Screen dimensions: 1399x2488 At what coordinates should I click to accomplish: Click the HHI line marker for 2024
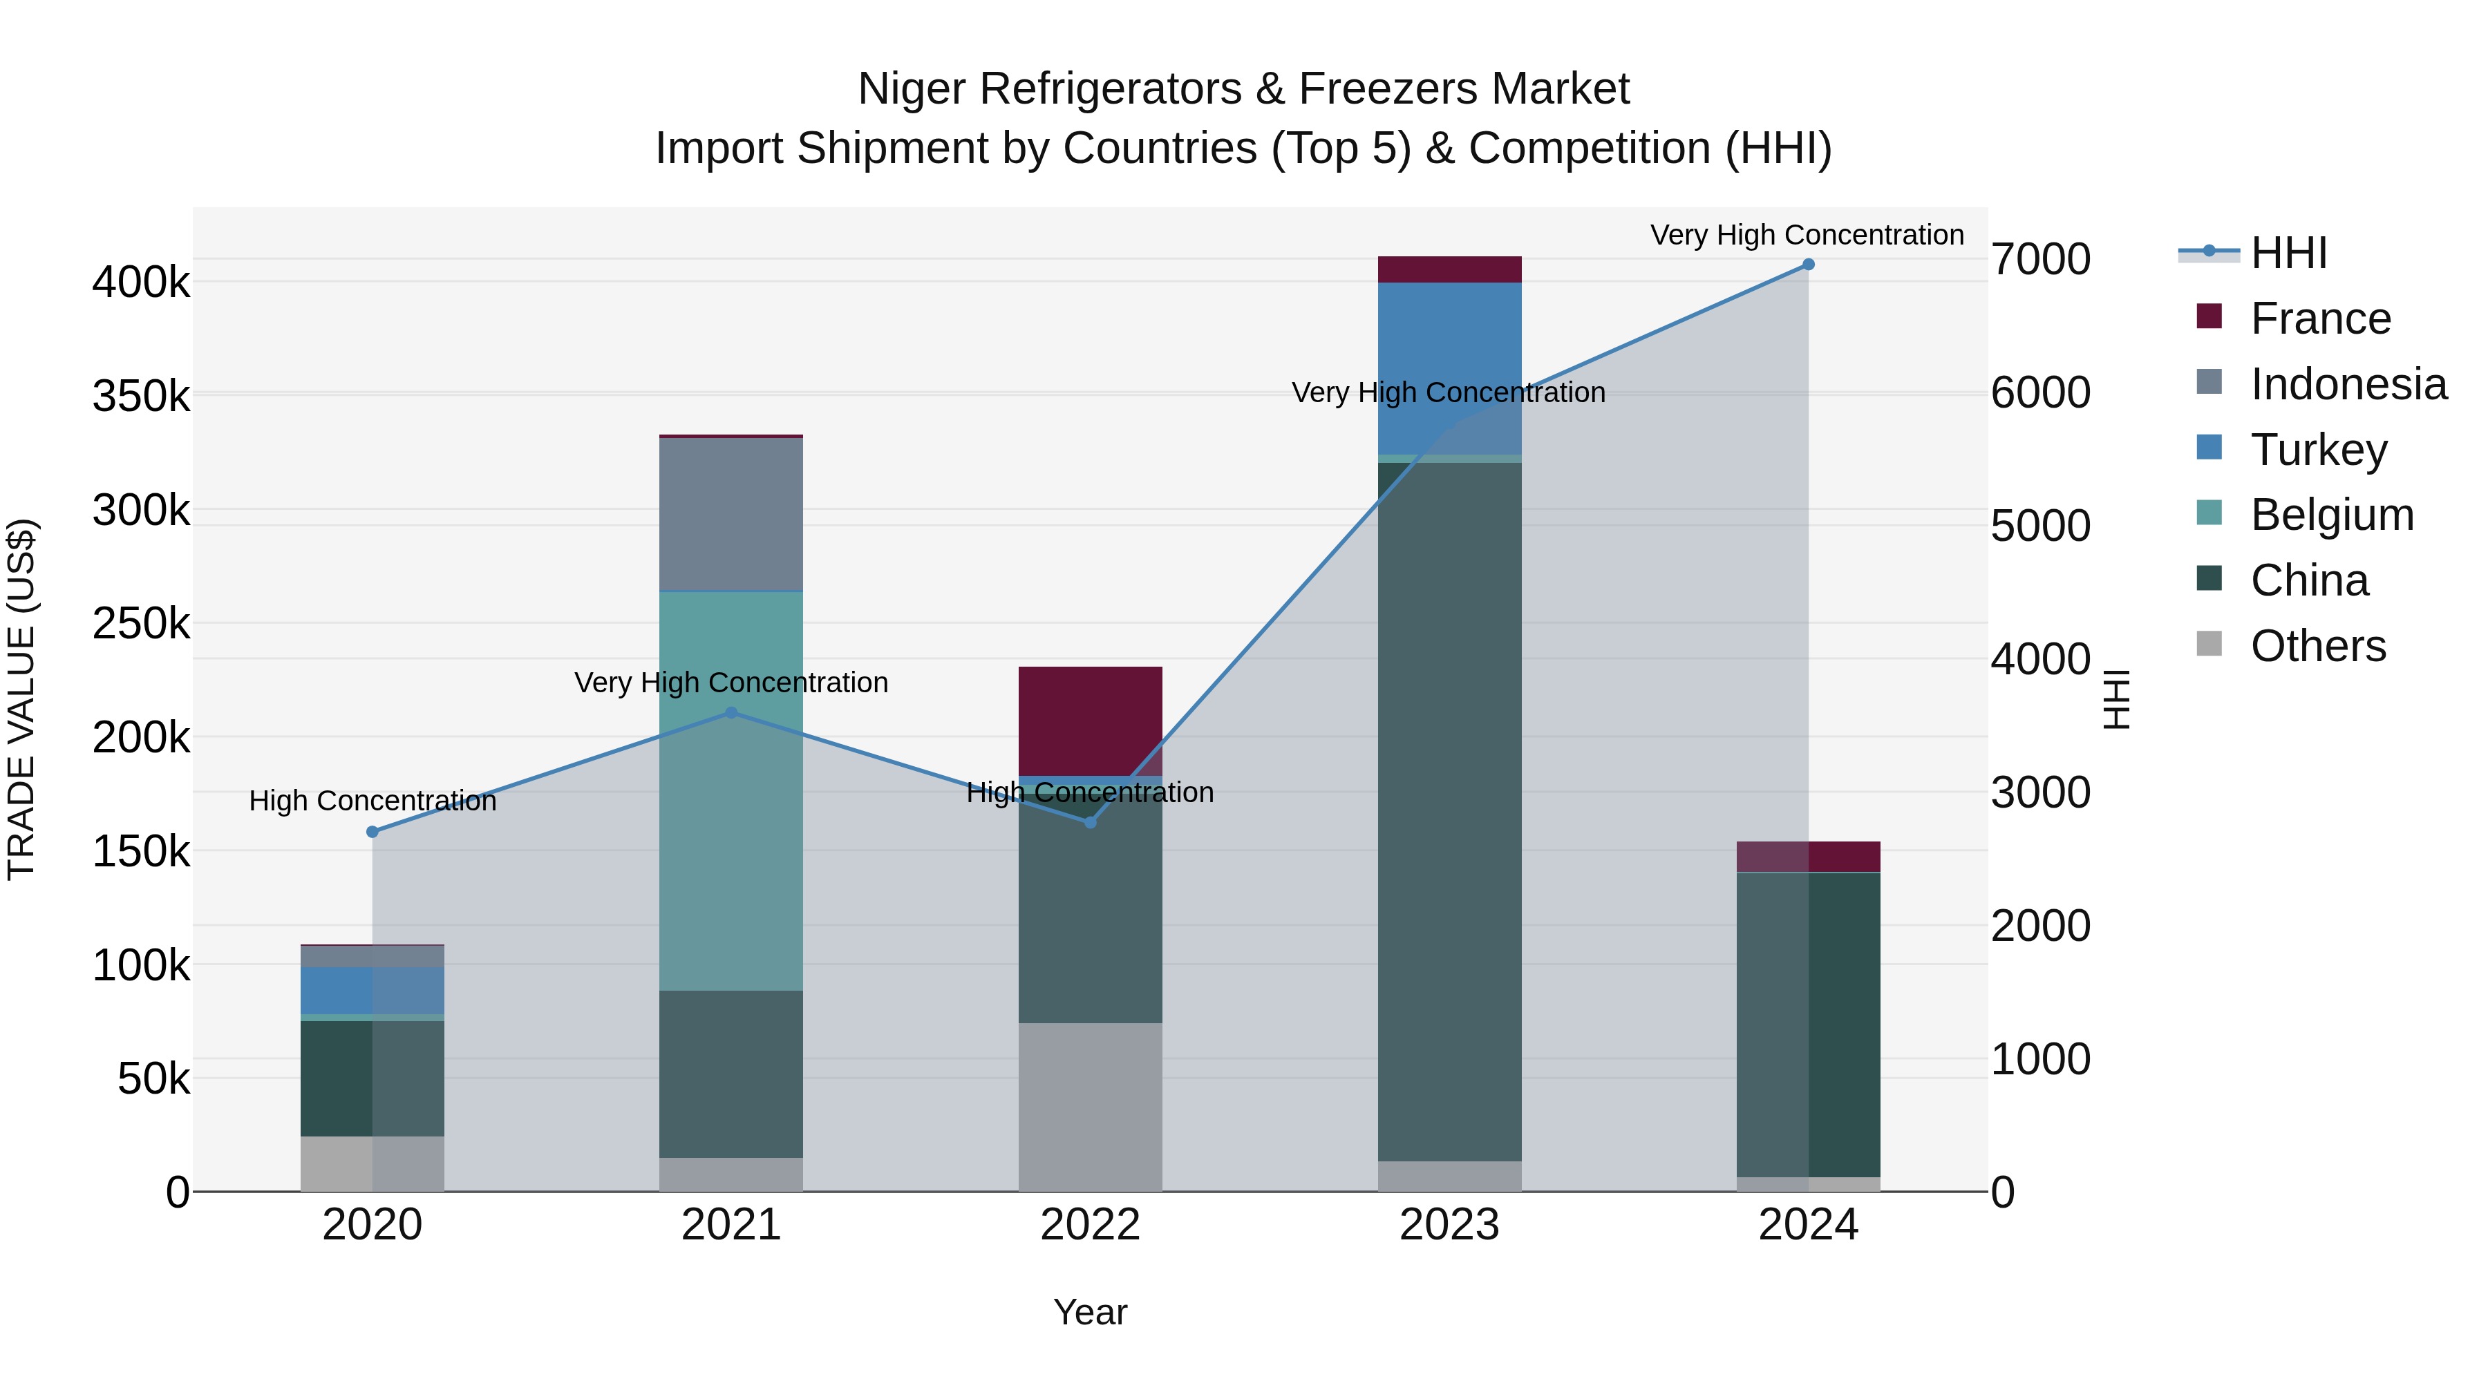pos(1808,265)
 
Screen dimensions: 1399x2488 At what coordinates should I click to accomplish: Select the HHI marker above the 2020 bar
pos(373,831)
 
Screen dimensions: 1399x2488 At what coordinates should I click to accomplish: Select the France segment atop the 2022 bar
pos(1091,721)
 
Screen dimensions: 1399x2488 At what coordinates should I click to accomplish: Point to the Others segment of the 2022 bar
pos(1091,1107)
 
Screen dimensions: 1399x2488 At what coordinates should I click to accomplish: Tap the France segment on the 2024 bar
pos(1808,857)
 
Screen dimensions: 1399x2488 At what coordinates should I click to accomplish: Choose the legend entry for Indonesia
pos(2347,384)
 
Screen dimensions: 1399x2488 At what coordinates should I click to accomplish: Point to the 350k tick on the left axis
pos(141,397)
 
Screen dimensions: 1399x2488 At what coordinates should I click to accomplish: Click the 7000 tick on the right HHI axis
pos(2040,260)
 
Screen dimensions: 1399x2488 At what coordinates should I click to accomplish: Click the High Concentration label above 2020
pos(373,801)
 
